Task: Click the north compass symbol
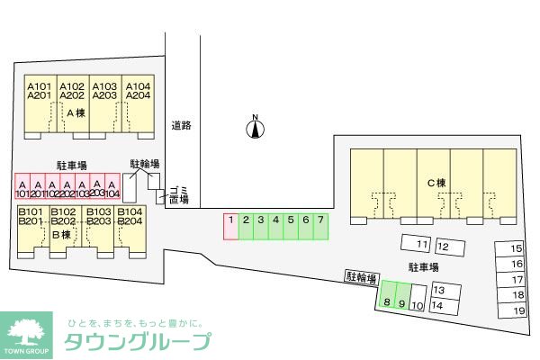pyautogui.click(x=256, y=129)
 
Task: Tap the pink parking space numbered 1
pyautogui.click(x=230, y=226)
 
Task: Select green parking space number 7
pyautogui.click(x=319, y=226)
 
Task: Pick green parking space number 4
pyautogui.click(x=275, y=226)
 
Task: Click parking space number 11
pyautogui.click(x=419, y=244)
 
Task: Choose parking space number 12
pyautogui.click(x=443, y=245)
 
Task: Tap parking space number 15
pyautogui.click(x=517, y=248)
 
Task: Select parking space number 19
pyautogui.click(x=517, y=310)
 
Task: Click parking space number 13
pyautogui.click(x=438, y=291)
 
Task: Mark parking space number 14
pyautogui.click(x=437, y=305)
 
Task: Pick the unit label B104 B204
pyautogui.click(x=130, y=216)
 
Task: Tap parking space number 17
pyautogui.click(x=517, y=280)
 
